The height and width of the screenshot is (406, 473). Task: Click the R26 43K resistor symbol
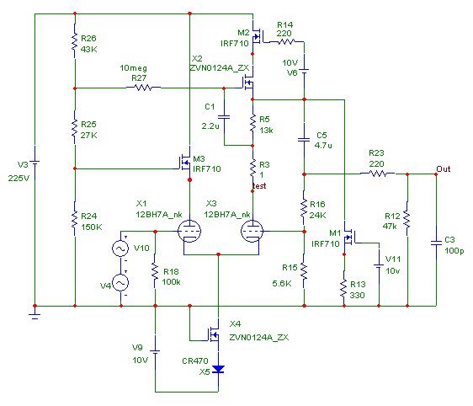point(75,42)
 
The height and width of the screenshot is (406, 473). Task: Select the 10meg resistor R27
point(143,88)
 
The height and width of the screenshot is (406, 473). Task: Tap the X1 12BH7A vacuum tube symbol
point(189,232)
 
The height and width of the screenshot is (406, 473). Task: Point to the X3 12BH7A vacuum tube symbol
point(252,232)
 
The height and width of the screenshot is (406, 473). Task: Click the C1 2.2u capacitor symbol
point(224,116)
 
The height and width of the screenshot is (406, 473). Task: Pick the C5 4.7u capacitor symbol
point(304,140)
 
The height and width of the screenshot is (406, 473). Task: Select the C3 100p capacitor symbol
point(436,243)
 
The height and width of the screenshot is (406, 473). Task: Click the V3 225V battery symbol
point(35,163)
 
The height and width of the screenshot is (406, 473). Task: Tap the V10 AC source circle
point(120,248)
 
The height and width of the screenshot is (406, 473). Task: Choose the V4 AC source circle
point(120,283)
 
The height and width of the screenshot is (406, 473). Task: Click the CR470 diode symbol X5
point(218,369)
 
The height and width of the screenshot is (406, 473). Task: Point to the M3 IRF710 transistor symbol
point(184,163)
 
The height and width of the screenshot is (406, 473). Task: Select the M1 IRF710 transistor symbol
point(350,238)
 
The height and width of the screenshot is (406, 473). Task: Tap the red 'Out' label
point(444,168)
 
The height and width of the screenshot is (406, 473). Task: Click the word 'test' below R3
point(259,186)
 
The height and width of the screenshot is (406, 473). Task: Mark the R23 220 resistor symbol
point(377,174)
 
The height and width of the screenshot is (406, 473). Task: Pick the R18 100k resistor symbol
point(155,270)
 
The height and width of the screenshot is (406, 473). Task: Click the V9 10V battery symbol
point(155,351)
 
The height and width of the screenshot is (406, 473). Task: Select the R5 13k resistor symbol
point(252,123)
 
